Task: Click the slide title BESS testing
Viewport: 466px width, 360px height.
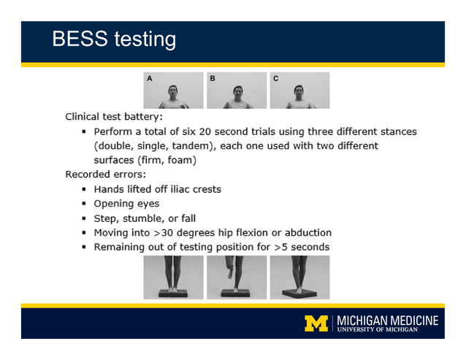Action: click(113, 39)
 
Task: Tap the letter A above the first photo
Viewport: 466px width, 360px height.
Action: click(149, 77)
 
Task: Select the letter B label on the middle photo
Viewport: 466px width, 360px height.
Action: click(213, 77)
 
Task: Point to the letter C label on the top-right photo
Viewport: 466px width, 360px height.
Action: click(275, 77)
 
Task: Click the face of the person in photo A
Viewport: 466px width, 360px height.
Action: click(173, 93)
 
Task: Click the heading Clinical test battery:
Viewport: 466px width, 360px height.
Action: click(114, 116)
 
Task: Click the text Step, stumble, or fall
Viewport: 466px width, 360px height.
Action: click(145, 218)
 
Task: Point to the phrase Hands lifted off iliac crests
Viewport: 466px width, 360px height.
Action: click(157, 189)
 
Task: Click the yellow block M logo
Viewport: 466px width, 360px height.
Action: click(316, 323)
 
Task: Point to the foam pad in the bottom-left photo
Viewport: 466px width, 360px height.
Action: click(173, 294)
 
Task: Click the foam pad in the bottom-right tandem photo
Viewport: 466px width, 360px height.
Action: click(299, 294)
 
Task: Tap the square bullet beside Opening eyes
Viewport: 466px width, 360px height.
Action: click(85, 204)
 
